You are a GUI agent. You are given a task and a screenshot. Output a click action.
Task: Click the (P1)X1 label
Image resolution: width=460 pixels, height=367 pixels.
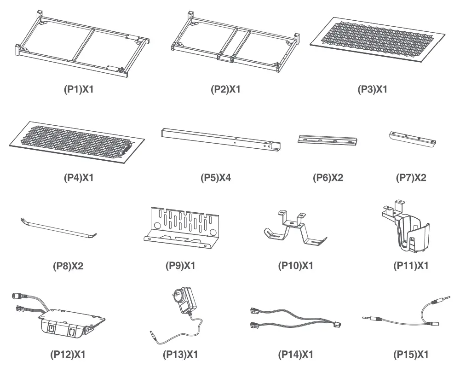[78, 89]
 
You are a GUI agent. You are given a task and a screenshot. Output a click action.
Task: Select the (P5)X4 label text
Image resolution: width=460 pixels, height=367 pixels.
[216, 177]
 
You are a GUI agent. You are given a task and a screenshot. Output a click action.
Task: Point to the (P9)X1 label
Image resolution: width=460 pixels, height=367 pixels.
[181, 266]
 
